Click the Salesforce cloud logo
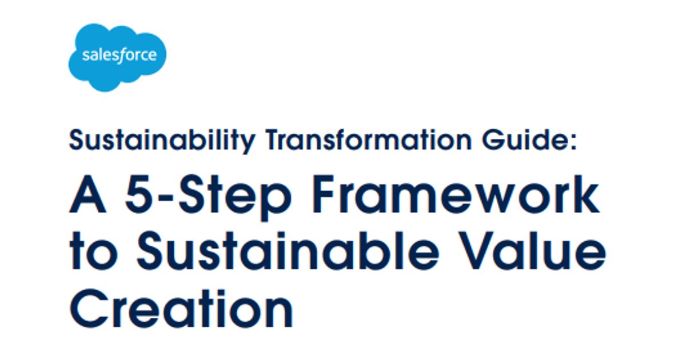[x=117, y=57]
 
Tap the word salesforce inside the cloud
[x=119, y=56]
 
